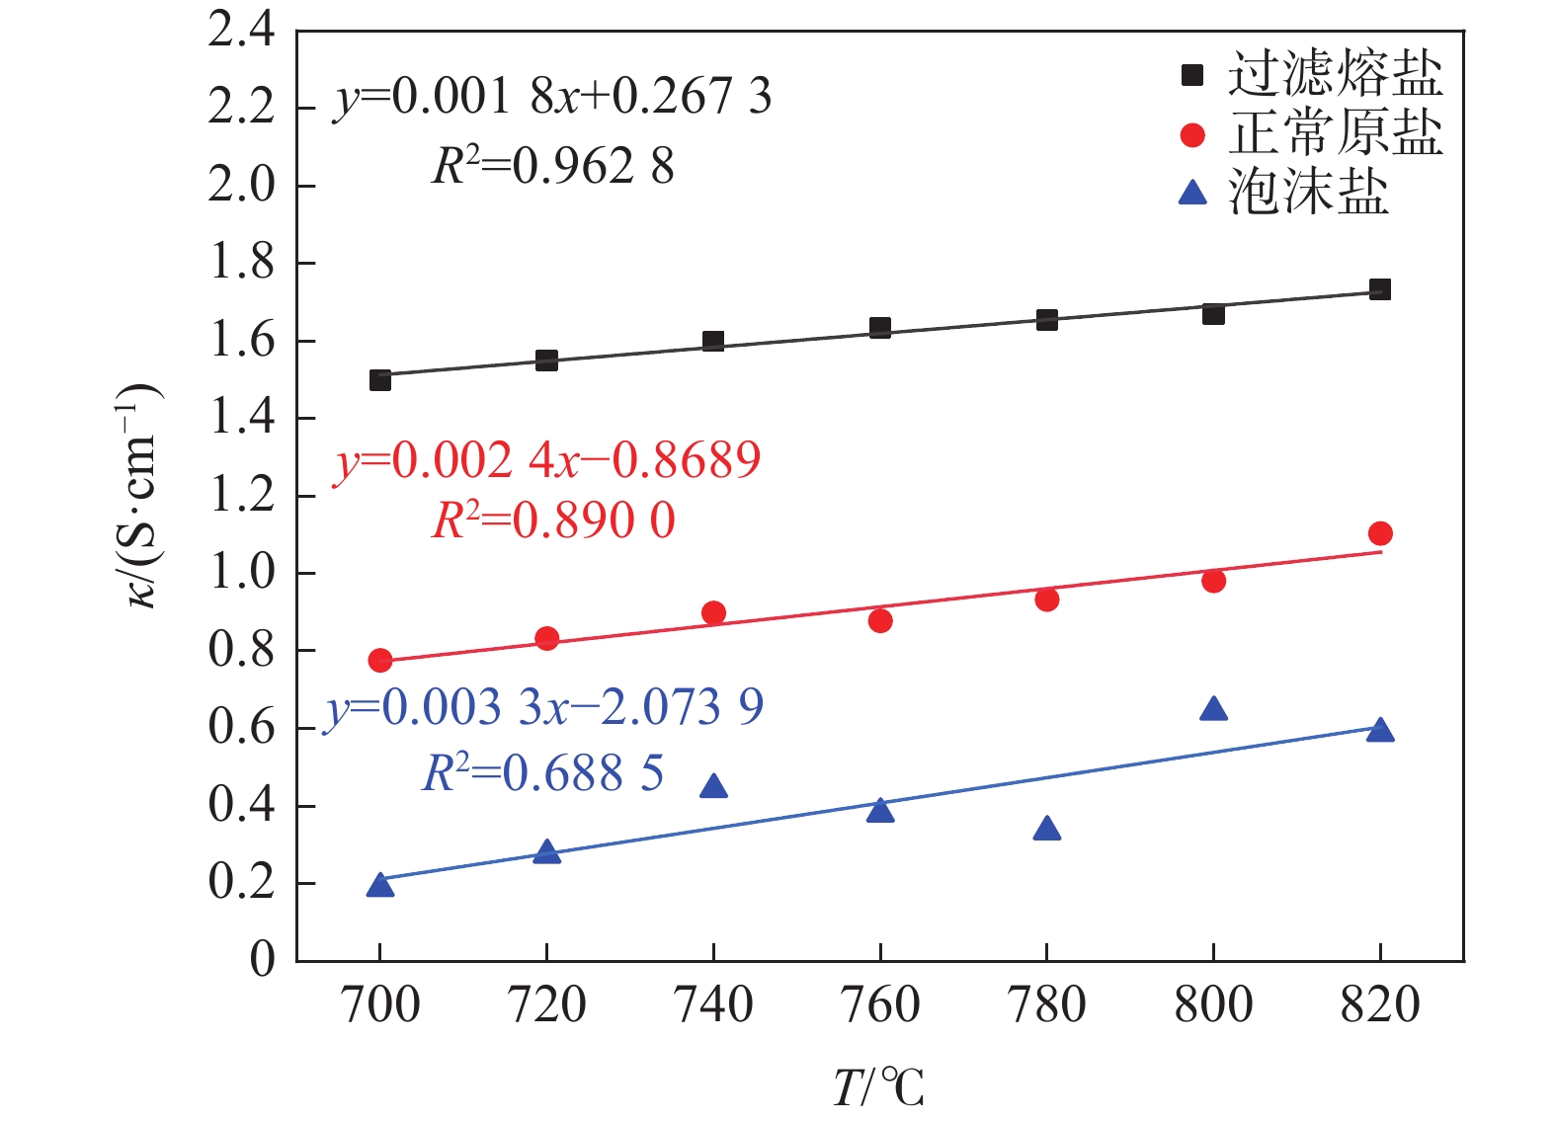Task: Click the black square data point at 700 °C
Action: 380,379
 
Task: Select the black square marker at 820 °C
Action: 1380,289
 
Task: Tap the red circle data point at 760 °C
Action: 880,620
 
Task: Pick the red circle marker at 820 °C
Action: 1380,533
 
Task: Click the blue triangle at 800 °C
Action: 1213,709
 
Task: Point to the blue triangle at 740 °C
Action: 713,787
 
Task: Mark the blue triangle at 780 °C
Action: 1047,830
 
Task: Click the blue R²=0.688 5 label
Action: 543,773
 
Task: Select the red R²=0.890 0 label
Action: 553,521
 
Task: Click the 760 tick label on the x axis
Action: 879,1005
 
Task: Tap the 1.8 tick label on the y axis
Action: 242,263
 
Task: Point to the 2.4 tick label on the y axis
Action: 242,32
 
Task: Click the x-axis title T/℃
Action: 878,1087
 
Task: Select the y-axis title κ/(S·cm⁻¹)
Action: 143,494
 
